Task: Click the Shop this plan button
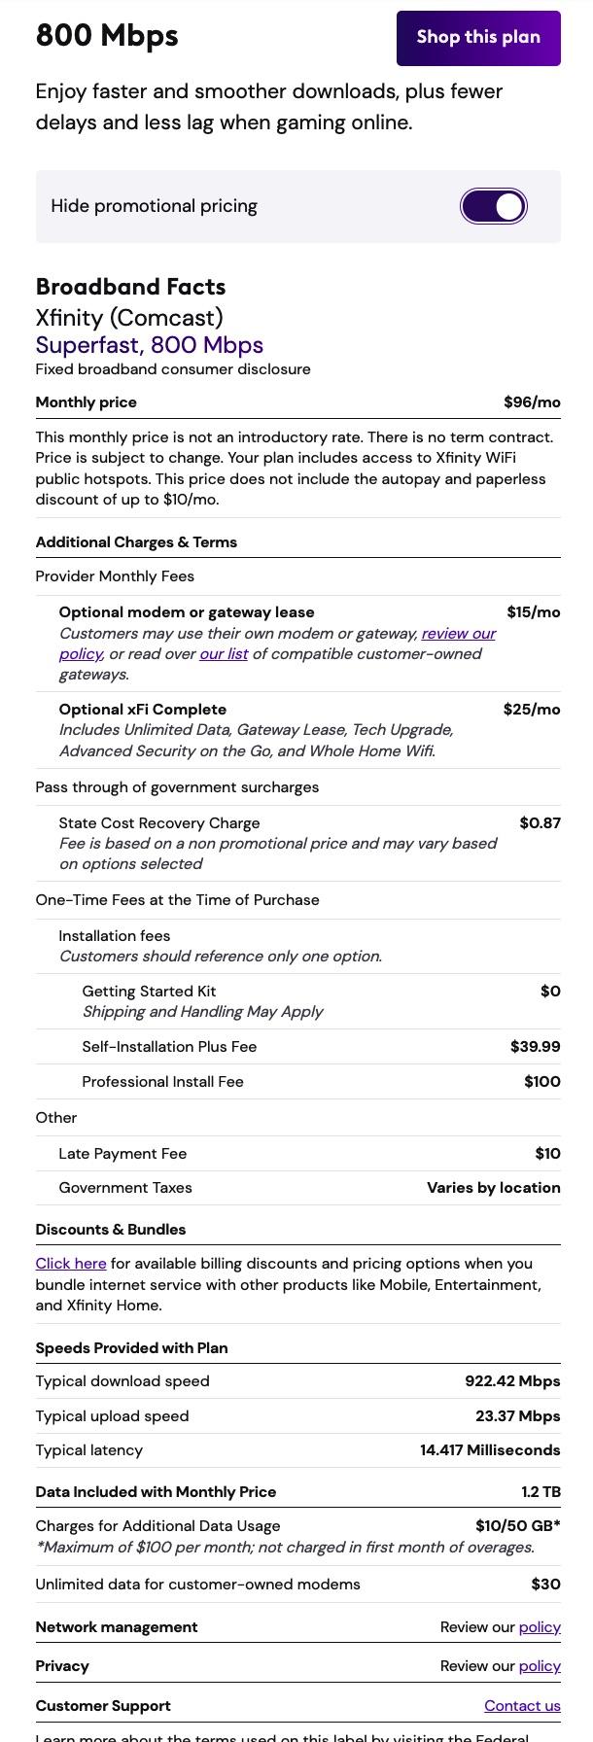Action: (x=478, y=38)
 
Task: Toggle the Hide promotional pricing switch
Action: (x=494, y=206)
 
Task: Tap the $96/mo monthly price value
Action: (x=532, y=402)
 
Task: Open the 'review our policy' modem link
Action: (x=458, y=634)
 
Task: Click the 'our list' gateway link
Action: (x=224, y=654)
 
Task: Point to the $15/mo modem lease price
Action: (x=533, y=612)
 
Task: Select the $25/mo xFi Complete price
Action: (x=532, y=710)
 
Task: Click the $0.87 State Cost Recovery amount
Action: (x=540, y=823)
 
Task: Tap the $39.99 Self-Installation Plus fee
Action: (x=535, y=1047)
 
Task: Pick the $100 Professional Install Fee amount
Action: (x=541, y=1082)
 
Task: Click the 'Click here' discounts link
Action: (x=71, y=1264)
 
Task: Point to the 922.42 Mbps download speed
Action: (x=512, y=1381)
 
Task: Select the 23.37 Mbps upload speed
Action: (x=517, y=1416)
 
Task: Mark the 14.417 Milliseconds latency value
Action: (x=490, y=1450)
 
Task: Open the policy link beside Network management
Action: (x=540, y=1627)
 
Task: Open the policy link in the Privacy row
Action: (x=540, y=1666)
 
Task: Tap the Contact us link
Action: (x=522, y=1706)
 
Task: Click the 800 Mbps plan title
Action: (x=107, y=36)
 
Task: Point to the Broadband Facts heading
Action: (x=130, y=287)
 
